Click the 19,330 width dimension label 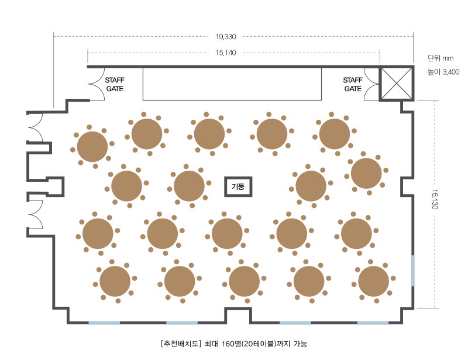coord(226,37)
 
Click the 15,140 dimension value coord(226,53)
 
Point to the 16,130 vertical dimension coord(435,199)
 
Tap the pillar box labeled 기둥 coord(238,186)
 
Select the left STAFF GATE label coord(115,84)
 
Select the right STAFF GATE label coord(353,84)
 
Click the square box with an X coord(397,83)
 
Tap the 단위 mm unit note coord(441,58)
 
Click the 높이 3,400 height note coord(443,72)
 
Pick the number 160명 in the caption coord(231,344)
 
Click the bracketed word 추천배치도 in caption coord(181,344)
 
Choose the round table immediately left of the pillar coord(189,186)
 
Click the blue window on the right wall coord(413,271)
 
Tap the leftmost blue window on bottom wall coord(104,323)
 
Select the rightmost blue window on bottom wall coord(373,323)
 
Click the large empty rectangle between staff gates coord(232,84)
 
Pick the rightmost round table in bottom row coord(373,281)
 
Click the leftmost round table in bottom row coord(115,281)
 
